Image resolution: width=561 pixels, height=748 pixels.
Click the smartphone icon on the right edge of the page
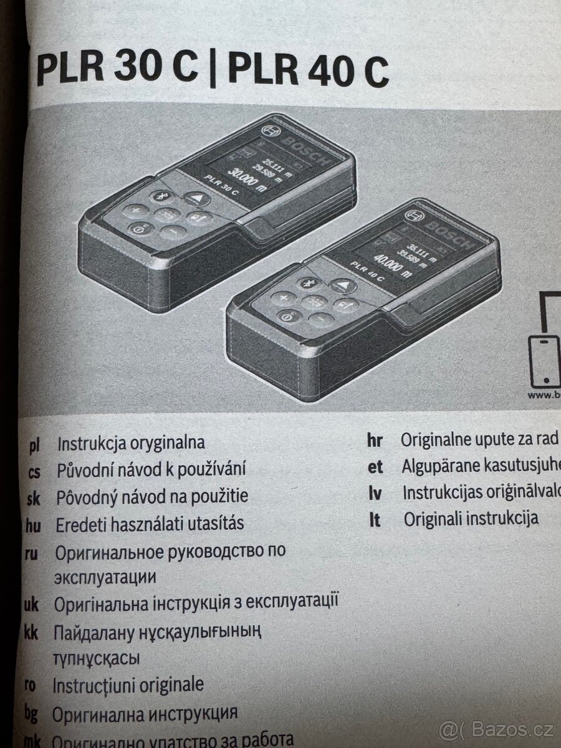[544, 362]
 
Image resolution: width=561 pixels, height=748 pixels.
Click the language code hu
[32, 525]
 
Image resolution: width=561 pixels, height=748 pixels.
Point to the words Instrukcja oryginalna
[131, 444]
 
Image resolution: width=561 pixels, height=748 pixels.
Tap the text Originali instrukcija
[471, 519]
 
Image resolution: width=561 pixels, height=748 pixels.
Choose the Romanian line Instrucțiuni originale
[128, 685]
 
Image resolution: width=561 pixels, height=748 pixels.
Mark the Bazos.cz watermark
[499, 728]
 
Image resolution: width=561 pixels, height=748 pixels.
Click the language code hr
[375, 440]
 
